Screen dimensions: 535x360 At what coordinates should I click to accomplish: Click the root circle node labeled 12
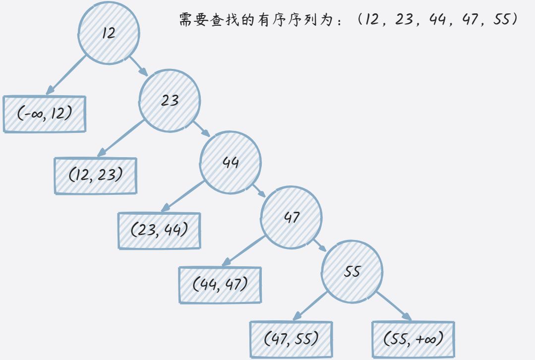(x=109, y=34)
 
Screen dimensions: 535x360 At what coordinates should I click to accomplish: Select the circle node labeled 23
(x=170, y=101)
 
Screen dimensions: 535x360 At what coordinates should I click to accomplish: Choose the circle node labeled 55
(x=352, y=272)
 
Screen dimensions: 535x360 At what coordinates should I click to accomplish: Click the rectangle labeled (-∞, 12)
(x=45, y=114)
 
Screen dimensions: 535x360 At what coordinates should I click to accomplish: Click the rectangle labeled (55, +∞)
(x=413, y=339)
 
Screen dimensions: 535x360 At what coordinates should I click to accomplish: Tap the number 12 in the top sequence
(x=369, y=20)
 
